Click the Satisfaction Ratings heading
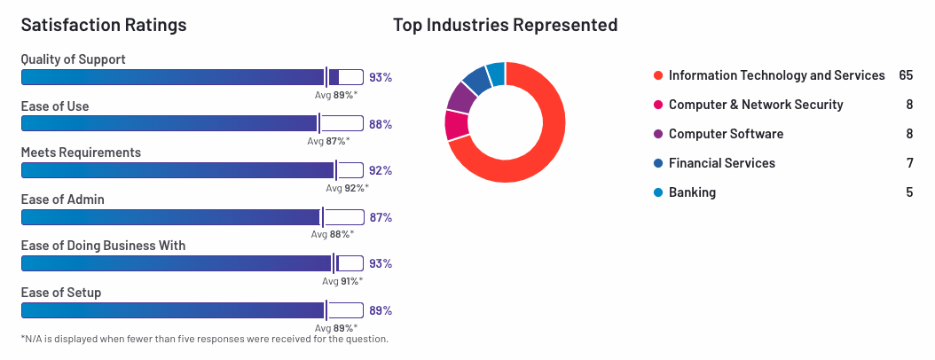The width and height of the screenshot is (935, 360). (x=104, y=25)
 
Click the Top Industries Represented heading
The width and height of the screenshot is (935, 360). (x=505, y=25)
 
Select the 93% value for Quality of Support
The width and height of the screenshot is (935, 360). (x=381, y=78)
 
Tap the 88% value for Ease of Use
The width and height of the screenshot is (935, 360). (x=381, y=124)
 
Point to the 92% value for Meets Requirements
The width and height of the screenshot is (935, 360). (x=381, y=171)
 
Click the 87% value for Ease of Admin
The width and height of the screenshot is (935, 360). (x=381, y=217)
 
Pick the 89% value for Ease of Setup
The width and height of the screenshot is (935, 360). (x=381, y=310)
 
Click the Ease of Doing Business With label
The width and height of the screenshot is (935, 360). (x=103, y=246)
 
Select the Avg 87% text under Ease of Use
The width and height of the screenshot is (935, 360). (x=328, y=141)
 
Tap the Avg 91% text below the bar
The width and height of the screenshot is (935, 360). (x=342, y=281)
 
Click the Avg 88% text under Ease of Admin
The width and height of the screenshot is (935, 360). (x=332, y=234)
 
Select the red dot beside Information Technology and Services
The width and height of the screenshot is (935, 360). (x=657, y=76)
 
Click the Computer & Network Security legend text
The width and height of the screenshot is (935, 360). (x=756, y=105)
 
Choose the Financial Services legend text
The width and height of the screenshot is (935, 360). (x=721, y=163)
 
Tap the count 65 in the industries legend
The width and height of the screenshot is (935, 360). (x=906, y=75)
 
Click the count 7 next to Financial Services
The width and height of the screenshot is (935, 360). (x=909, y=163)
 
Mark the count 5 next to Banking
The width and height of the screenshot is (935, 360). (x=909, y=192)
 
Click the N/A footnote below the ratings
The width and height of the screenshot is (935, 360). (x=204, y=339)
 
